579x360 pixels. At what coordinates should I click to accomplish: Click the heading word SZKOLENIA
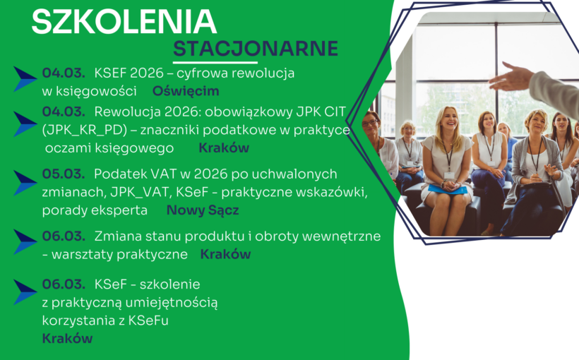coord(124,22)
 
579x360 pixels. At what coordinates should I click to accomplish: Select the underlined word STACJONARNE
coord(256,49)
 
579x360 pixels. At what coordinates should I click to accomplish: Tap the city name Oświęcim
coord(186,91)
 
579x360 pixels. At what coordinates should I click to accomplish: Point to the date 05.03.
coord(64,174)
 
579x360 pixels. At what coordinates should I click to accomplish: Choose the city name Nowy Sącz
coord(203,210)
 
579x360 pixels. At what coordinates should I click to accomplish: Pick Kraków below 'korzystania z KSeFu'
coord(67,339)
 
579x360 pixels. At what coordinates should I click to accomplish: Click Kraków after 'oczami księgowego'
coord(224,148)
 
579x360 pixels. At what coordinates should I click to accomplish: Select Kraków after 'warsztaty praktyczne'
coord(225,254)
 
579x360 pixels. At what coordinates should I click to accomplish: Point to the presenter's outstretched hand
coord(510,76)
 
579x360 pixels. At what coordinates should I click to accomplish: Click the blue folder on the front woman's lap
coord(448,189)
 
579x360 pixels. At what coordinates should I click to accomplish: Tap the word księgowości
coord(100,91)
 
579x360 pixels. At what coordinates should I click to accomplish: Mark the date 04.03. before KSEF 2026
coord(64,73)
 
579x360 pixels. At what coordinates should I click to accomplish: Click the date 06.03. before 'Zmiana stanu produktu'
coord(64,236)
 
